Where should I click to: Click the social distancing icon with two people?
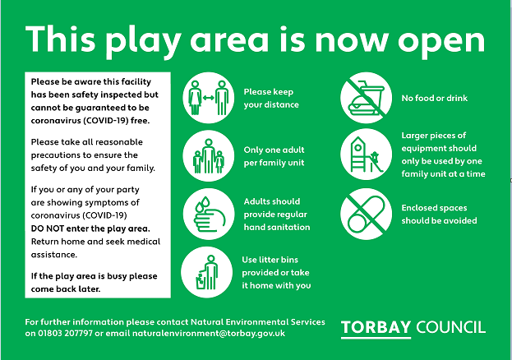[208, 98]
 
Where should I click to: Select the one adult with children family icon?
[208, 156]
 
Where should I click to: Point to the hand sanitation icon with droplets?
[209, 215]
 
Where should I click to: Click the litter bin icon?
[207, 272]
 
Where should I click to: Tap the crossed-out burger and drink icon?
[366, 98]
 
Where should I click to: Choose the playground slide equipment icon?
[366, 155]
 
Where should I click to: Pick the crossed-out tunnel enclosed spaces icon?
[366, 214]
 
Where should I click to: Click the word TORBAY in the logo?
[376, 327]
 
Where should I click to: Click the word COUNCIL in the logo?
[451, 327]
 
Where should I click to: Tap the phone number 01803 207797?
[65, 334]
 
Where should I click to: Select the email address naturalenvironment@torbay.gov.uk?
[209, 334]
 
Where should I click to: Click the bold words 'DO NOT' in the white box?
[48, 228]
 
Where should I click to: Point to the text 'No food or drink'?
[434, 98]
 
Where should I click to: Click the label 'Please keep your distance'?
[271, 99]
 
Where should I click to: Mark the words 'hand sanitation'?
[277, 227]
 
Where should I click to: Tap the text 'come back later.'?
[66, 289]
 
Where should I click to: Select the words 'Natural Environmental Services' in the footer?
[257, 322]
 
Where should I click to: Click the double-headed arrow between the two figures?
[208, 98]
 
